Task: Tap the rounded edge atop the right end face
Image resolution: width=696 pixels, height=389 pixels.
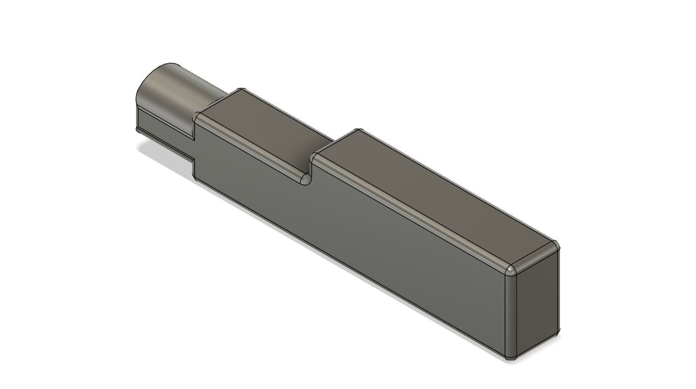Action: (533, 257)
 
